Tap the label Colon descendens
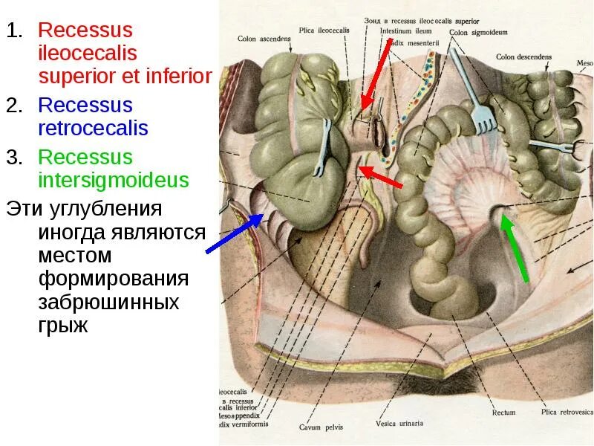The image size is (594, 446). [524, 56]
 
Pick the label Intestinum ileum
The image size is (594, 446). [405, 31]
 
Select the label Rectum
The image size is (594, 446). [503, 412]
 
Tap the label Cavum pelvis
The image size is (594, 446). [320, 427]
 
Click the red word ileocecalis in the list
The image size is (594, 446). [86, 53]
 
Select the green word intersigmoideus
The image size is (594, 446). [114, 180]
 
